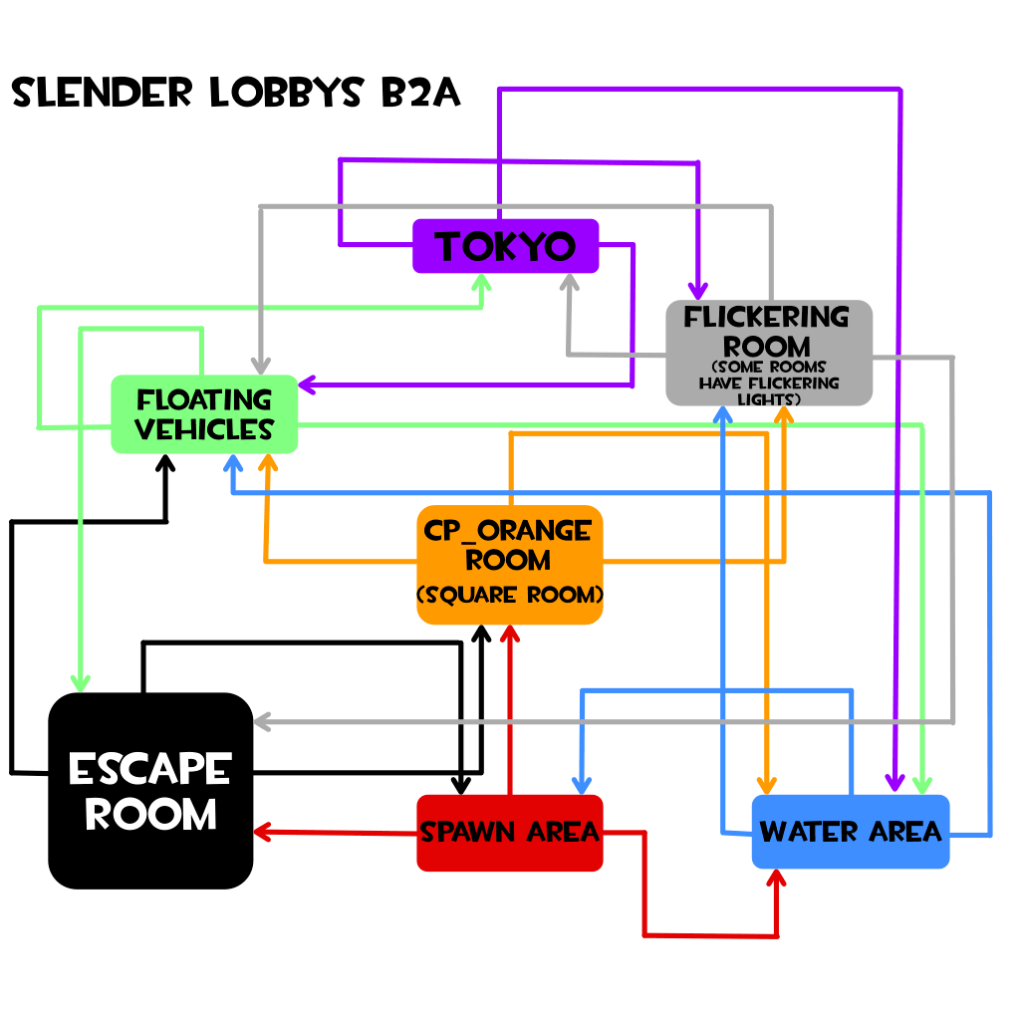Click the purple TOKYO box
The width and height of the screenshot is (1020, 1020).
coord(505,246)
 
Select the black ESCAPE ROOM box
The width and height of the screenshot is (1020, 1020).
coord(150,791)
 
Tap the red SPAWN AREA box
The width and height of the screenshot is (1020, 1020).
coord(509,832)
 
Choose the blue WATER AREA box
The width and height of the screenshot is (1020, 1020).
coord(851,831)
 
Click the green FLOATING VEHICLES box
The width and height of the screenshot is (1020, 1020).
coord(204,413)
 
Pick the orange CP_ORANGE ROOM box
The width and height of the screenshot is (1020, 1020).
coord(509,564)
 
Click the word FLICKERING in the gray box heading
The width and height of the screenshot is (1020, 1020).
coord(767,318)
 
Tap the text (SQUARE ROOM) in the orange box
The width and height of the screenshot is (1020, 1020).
coord(509,596)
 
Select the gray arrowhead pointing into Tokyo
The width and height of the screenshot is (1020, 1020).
coord(569,283)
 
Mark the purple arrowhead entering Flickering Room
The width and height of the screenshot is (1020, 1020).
coord(697,289)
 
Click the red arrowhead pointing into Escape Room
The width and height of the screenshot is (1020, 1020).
coord(264,831)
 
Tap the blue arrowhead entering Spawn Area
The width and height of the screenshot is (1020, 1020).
coord(582,784)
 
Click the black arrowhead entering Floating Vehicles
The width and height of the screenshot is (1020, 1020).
coord(166,464)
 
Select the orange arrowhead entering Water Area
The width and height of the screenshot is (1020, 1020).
coord(766,783)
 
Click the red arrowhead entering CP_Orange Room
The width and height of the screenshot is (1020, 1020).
coord(509,635)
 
